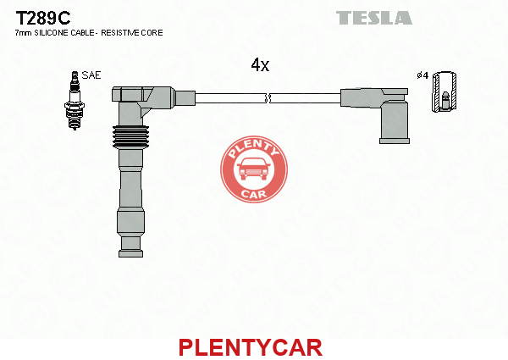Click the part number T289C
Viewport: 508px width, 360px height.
pyautogui.click(x=43, y=18)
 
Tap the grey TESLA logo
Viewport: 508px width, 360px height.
pyautogui.click(x=374, y=18)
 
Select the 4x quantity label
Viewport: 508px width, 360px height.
pyautogui.click(x=260, y=65)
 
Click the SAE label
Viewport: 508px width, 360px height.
pyautogui.click(x=91, y=75)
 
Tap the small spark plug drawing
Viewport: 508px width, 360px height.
pyautogui.click(x=75, y=101)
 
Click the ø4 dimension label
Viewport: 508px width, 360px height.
pyautogui.click(x=422, y=75)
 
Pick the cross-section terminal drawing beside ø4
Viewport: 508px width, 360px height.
pyautogui.click(x=444, y=91)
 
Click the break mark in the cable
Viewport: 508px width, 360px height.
pyautogui.click(x=268, y=98)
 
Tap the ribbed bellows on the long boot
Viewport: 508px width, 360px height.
pyautogui.click(x=130, y=136)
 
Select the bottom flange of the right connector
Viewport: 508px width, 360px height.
pyautogui.click(x=395, y=141)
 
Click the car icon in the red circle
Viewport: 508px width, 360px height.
pyautogui.click(x=254, y=169)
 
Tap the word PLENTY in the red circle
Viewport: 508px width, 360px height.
pyautogui.click(x=254, y=148)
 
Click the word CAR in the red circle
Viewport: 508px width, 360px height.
pyautogui.click(x=254, y=194)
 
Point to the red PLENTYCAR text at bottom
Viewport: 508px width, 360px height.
pyautogui.click(x=251, y=347)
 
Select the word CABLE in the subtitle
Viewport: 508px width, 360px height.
pyautogui.click(x=82, y=33)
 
